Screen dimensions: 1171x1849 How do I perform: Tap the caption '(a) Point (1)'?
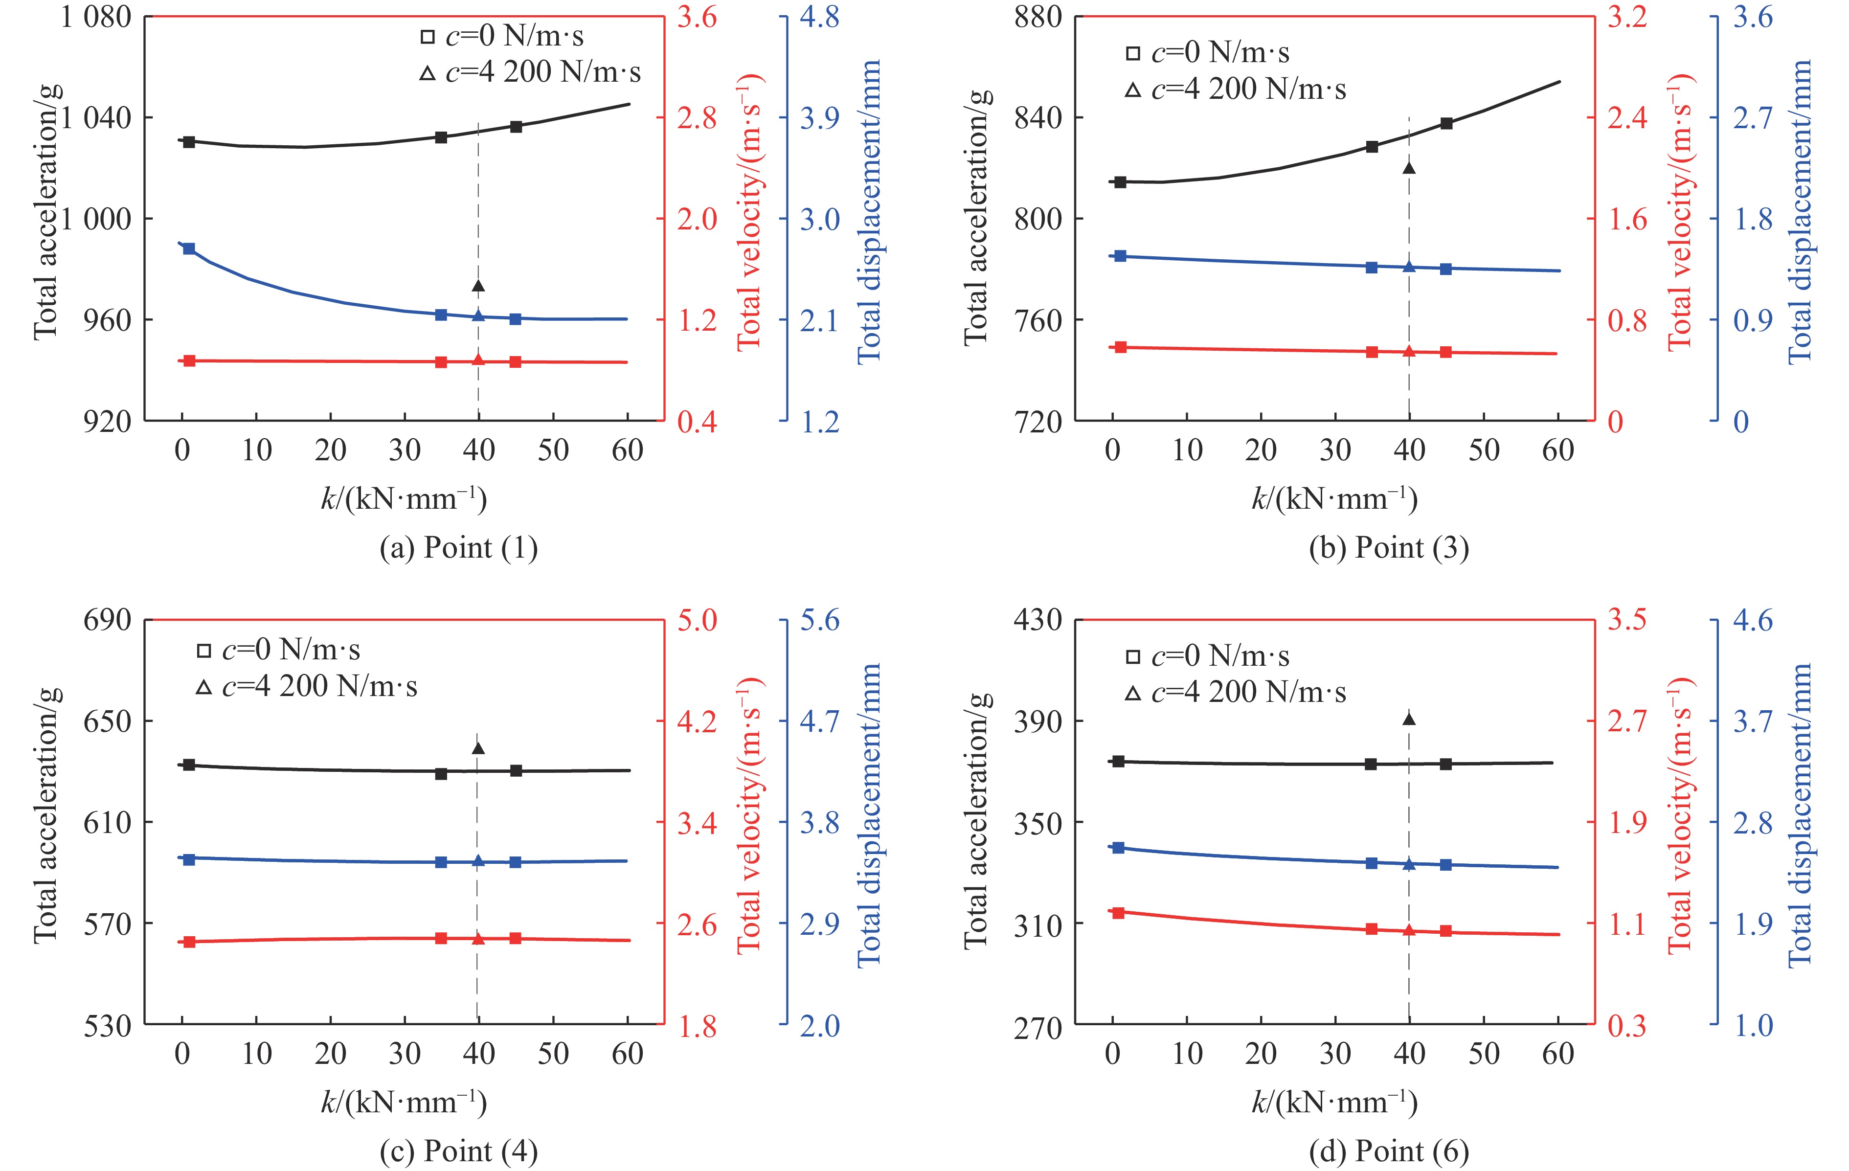tap(458, 548)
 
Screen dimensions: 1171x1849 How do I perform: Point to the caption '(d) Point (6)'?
tap(1388, 1151)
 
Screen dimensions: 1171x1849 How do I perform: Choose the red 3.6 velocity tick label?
tap(697, 17)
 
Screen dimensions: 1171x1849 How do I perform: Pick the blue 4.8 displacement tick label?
tap(819, 17)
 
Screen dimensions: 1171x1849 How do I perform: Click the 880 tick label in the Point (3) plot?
tap(1037, 17)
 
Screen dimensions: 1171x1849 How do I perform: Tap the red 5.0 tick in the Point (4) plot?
tap(697, 620)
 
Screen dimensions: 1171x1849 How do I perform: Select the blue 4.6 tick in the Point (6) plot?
tap(1753, 620)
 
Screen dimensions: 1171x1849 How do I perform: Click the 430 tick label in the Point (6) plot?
tap(1037, 620)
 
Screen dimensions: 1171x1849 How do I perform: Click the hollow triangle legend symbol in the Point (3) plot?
tap(1132, 90)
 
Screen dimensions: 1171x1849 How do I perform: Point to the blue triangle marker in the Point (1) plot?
tap(478, 315)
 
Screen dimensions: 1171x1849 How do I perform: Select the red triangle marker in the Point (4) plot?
tap(478, 938)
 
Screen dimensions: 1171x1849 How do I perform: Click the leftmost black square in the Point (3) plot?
tap(1120, 182)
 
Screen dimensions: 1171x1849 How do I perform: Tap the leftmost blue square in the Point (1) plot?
tap(189, 249)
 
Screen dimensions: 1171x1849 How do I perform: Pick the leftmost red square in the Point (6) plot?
tap(1119, 912)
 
